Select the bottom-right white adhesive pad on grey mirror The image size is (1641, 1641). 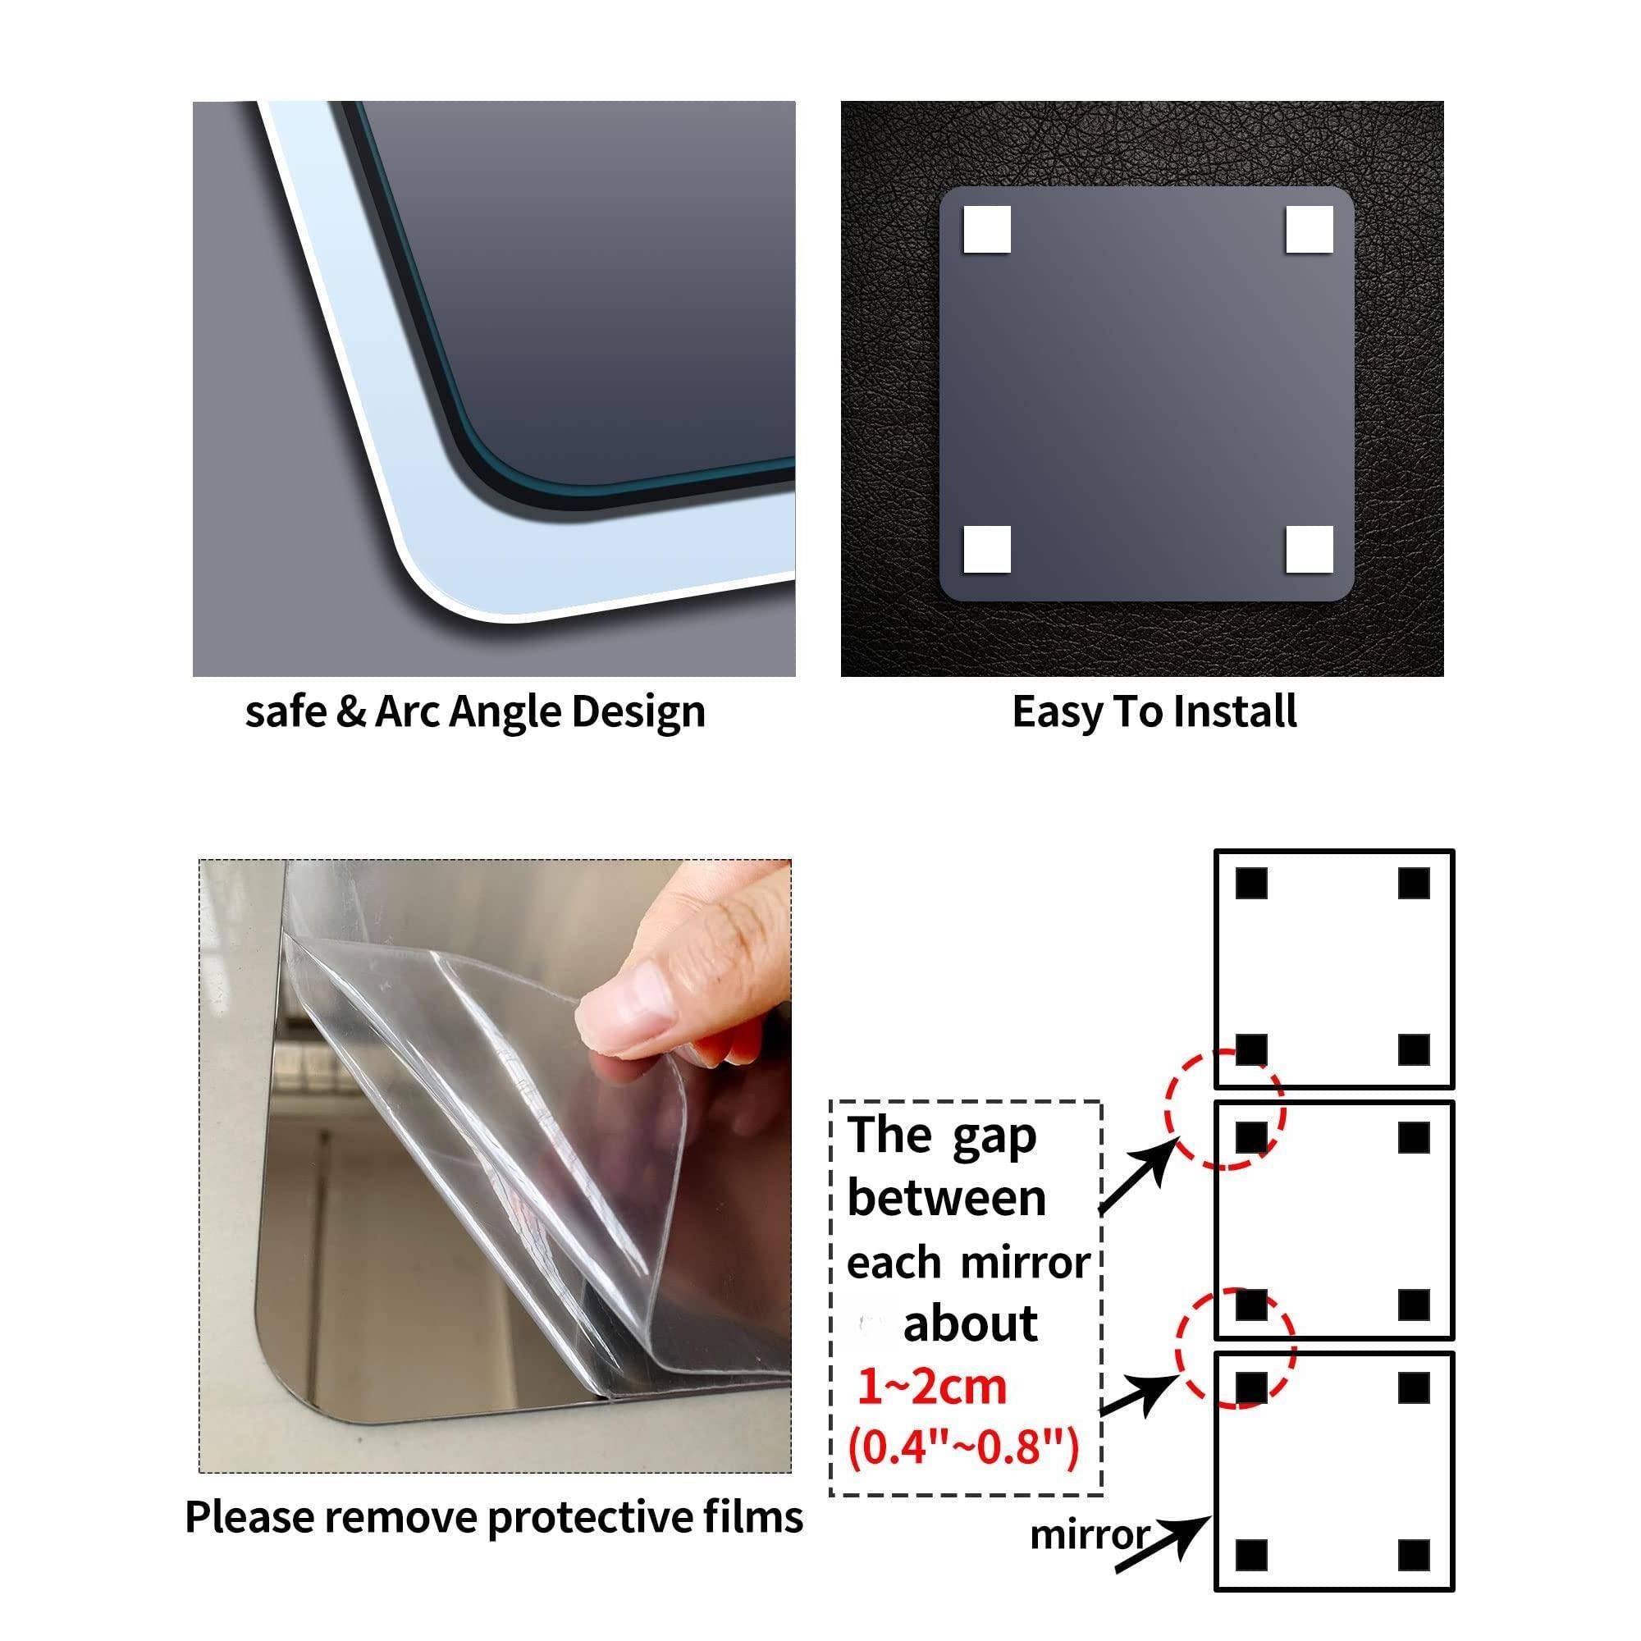(x=1309, y=550)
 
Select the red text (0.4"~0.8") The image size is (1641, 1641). (x=963, y=1447)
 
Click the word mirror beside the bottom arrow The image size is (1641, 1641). (x=1089, y=1535)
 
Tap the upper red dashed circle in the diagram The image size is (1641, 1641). (x=1224, y=1110)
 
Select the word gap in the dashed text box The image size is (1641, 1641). (x=994, y=1138)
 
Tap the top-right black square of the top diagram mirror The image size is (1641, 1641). (x=1414, y=884)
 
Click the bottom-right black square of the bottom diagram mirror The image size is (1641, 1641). (x=1414, y=1556)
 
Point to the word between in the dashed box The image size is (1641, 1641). (x=946, y=1199)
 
